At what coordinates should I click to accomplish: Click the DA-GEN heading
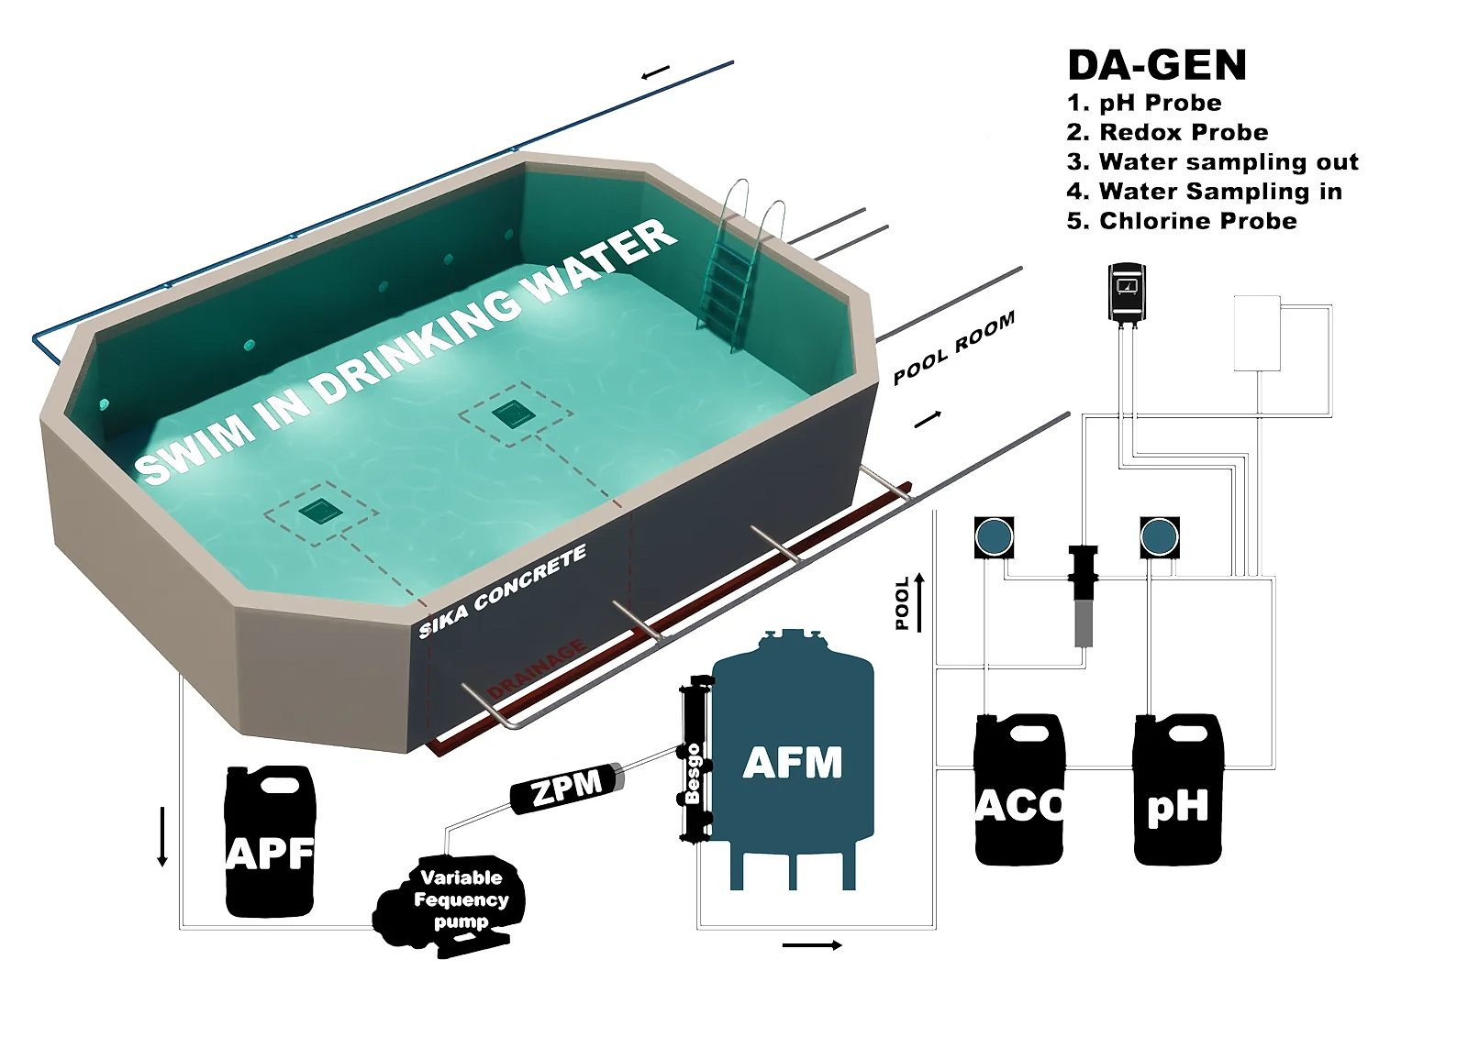1157,65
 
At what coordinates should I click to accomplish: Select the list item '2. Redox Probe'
1167,132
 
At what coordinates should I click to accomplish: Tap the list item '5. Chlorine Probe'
1182,221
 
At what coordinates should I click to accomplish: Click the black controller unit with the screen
1127,292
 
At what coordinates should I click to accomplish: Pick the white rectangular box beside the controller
1256,332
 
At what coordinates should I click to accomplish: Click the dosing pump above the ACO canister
994,537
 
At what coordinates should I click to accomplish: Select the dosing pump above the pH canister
1160,537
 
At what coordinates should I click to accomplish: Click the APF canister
270,844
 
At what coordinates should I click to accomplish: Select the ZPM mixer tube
567,787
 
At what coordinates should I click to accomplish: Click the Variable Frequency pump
455,903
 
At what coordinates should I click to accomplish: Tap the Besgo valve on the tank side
693,761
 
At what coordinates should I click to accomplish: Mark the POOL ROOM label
954,348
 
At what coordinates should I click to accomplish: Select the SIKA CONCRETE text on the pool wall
503,592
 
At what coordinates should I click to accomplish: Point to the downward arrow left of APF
162,835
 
